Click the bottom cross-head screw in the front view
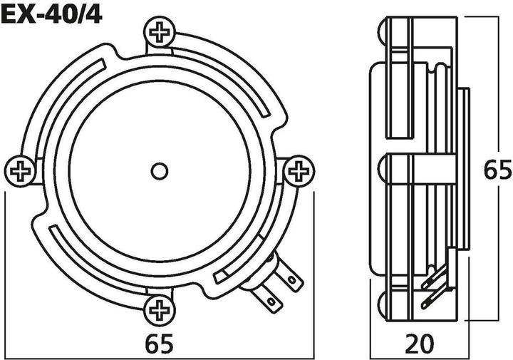tap(157, 309)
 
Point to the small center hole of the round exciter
tap(160, 171)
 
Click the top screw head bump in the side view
tap(383, 32)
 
